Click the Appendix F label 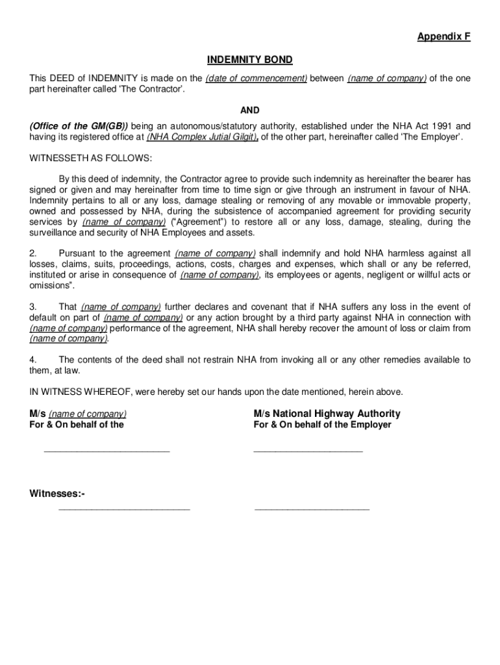(x=444, y=37)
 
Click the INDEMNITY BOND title (x=250, y=60)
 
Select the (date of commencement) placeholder (x=256, y=79)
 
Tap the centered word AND (x=250, y=110)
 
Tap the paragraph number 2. (x=32, y=253)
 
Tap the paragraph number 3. (x=32, y=307)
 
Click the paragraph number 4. (x=32, y=360)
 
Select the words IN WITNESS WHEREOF (x=79, y=392)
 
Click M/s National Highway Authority (x=327, y=414)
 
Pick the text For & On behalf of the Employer (x=322, y=425)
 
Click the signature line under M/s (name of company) (x=106, y=451)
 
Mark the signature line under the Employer (x=308, y=451)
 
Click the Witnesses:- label (x=57, y=495)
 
